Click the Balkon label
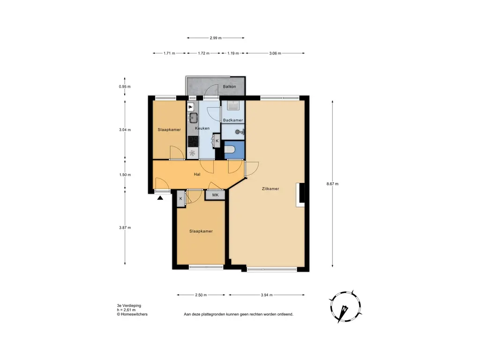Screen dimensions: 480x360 229,87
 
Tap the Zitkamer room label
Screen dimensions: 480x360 270,189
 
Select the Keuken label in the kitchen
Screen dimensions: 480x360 202,128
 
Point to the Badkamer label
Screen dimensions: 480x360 233,120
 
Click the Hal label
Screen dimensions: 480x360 197,174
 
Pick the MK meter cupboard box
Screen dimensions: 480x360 215,195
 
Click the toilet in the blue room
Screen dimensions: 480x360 230,150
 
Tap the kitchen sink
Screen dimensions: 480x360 193,117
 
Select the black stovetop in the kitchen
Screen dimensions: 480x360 193,142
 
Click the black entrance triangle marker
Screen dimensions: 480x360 160,198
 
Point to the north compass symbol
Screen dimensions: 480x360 345,307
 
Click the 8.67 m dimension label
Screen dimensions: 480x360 332,184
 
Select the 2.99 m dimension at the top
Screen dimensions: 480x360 216,38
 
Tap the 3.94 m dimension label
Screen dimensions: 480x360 267,295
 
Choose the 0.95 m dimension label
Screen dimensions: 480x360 125,87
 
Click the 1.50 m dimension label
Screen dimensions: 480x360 125,175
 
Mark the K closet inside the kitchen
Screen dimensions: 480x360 217,141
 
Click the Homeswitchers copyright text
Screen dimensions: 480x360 132,315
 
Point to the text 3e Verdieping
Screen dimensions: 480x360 129,306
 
